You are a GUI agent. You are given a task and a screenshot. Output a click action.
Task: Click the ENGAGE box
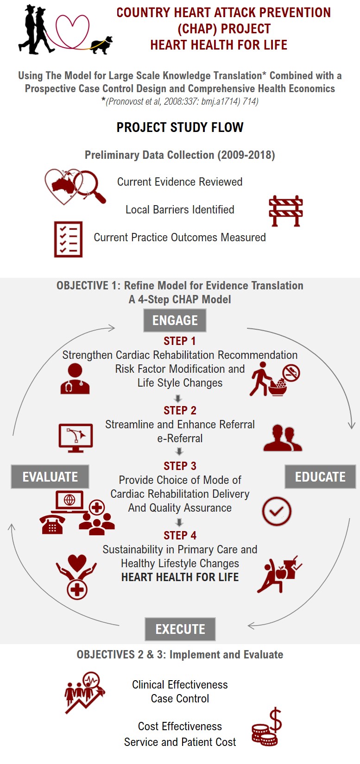point(175,320)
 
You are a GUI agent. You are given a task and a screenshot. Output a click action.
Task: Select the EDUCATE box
point(320,477)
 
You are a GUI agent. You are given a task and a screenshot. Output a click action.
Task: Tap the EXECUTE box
point(180,629)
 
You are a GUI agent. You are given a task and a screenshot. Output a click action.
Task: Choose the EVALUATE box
point(50,477)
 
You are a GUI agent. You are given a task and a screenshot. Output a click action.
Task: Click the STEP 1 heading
point(180,341)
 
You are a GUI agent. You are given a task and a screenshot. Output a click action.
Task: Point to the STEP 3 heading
point(180,466)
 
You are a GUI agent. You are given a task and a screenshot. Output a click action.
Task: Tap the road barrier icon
point(286,211)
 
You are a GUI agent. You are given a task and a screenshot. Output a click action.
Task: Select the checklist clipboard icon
point(68,239)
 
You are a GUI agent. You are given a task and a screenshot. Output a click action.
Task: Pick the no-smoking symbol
point(291,372)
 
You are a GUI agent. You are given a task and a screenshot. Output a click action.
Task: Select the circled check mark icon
point(277,511)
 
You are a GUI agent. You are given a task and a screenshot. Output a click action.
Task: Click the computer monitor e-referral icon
point(76,437)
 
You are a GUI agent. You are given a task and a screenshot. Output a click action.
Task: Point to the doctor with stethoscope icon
point(75,378)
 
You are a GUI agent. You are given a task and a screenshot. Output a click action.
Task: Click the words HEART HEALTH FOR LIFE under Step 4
point(180,577)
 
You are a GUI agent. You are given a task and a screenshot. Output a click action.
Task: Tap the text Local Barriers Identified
point(180,210)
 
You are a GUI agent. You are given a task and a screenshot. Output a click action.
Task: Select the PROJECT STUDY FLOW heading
point(180,128)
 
